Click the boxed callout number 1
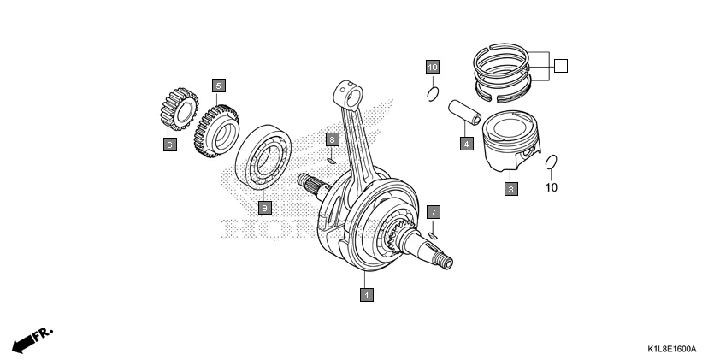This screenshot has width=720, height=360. click(x=366, y=295)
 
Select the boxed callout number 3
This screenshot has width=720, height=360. click(x=510, y=189)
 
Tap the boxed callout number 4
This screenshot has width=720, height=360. click(x=466, y=144)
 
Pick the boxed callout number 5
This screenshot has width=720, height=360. click(x=219, y=85)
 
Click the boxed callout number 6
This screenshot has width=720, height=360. click(x=169, y=145)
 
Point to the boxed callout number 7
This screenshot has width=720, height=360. click(x=434, y=210)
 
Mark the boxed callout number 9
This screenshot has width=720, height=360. click(x=264, y=207)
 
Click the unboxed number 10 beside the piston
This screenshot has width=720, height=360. click(x=552, y=186)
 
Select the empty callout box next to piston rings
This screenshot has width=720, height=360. click(x=560, y=65)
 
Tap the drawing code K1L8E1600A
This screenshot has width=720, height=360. click(x=671, y=350)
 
